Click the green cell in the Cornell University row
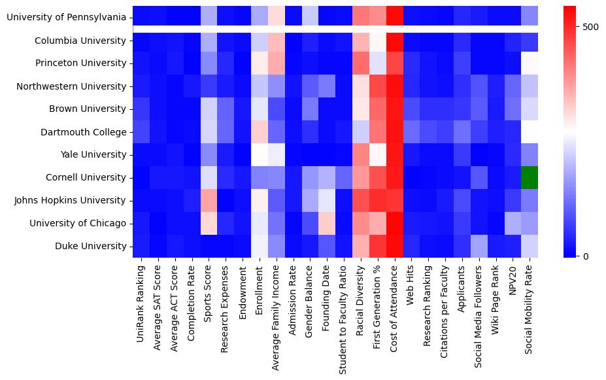click(x=530, y=177)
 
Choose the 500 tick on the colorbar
click(x=590, y=27)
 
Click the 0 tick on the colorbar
click(x=586, y=256)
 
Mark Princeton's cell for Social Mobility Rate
click(x=530, y=63)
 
